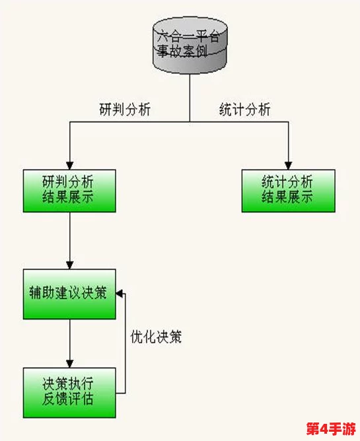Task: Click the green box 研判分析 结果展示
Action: click(x=69, y=190)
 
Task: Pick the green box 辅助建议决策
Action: click(x=69, y=293)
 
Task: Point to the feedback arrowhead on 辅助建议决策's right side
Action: click(x=120, y=293)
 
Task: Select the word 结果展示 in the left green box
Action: click(x=69, y=197)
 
